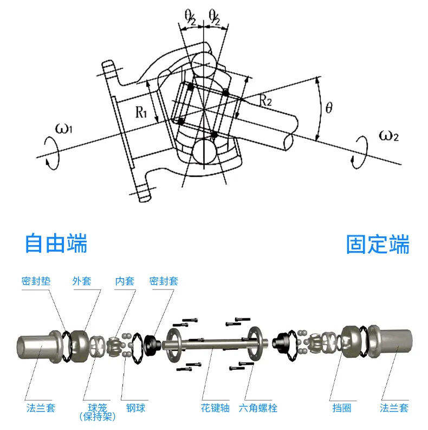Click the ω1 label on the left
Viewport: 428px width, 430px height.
tap(64, 129)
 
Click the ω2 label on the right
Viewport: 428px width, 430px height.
tap(389, 136)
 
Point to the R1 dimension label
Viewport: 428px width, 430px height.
tap(141, 112)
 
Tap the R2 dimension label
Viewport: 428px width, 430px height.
tap(265, 100)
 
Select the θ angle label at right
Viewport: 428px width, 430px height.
tap(329, 107)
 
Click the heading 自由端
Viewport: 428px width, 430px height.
tap(56, 243)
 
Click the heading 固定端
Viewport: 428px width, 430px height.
tap(378, 244)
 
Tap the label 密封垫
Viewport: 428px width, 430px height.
tap(36, 281)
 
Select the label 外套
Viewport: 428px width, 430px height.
tap(82, 281)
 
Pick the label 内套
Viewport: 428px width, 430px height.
tap(125, 281)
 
